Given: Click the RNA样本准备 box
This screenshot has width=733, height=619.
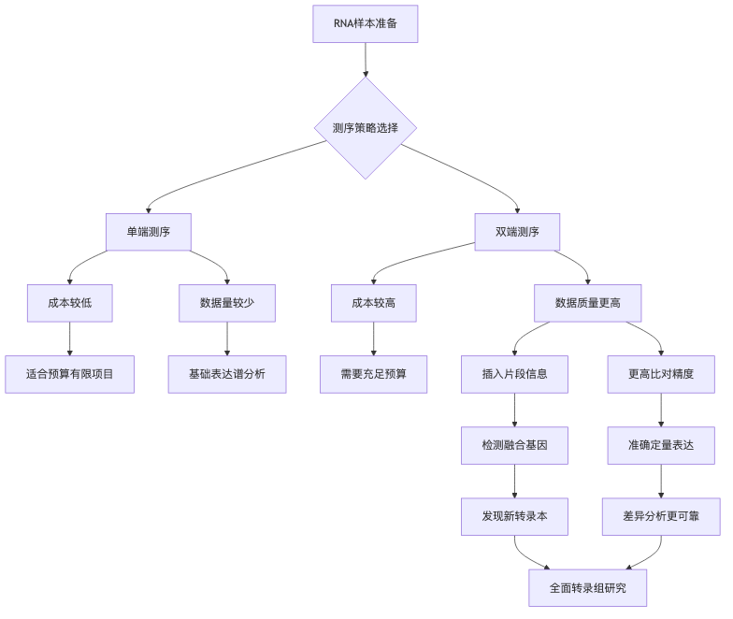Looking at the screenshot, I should [365, 24].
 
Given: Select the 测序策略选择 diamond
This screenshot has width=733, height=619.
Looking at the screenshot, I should [365, 127].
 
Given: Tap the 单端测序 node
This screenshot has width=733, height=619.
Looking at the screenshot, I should [149, 232].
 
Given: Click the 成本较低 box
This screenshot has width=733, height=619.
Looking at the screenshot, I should [70, 303].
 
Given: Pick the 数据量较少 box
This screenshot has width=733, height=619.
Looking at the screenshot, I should [227, 303].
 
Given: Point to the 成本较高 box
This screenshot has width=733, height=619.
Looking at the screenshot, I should [373, 303].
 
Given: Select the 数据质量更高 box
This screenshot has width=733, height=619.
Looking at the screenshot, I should [587, 303].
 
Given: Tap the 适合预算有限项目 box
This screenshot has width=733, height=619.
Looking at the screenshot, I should [70, 374].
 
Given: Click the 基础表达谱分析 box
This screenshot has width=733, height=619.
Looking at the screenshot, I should [227, 374].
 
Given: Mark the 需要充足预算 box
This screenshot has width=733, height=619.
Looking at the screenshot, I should [373, 374].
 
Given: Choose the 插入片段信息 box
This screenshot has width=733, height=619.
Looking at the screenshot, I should [515, 374].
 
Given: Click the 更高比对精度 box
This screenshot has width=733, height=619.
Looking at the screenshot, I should [662, 374].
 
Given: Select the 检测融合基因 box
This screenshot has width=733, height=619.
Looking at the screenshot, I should [515, 445].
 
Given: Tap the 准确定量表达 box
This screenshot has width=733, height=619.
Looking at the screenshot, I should [662, 445].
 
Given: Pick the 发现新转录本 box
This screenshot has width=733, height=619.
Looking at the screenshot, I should [515, 516].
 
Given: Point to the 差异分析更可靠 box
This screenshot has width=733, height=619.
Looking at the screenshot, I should [662, 516].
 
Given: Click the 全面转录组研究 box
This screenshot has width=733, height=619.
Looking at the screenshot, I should [587, 588].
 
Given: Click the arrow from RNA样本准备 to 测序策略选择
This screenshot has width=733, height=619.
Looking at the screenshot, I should [365, 59].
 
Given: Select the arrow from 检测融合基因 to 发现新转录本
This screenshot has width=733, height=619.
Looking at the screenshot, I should [515, 481].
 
